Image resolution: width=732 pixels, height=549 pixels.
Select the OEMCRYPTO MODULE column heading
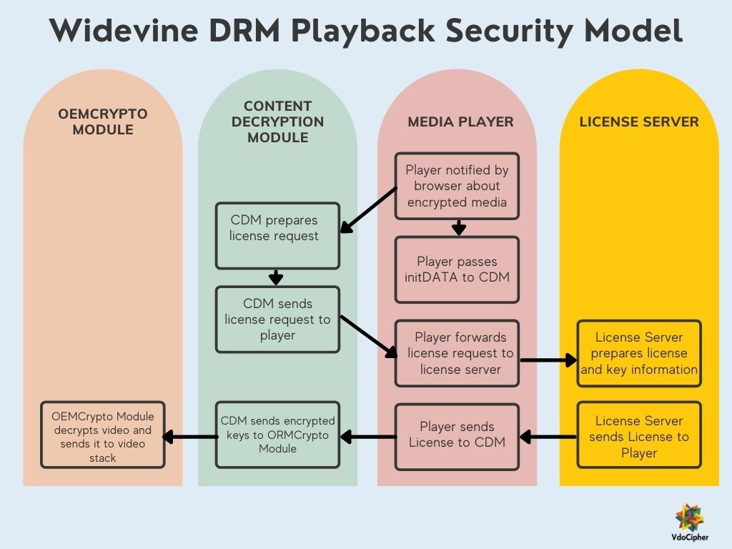pos(103,122)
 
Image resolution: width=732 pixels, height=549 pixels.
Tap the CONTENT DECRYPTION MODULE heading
pos(277,122)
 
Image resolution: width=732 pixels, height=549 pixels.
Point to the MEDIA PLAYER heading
pos(460,122)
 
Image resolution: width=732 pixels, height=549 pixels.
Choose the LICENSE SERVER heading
pos(639,122)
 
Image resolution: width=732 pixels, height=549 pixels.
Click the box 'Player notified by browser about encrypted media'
pos(457,186)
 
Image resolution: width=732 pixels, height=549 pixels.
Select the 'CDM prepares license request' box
pos(277,236)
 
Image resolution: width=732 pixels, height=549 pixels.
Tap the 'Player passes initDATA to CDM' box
pos(457,269)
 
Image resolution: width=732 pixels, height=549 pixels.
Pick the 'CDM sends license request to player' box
pos(277,320)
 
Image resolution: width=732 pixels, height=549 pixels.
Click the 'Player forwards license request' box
pos(457,353)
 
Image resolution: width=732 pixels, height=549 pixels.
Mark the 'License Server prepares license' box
pos(639,353)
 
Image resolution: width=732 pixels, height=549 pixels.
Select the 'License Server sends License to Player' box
pos(639,435)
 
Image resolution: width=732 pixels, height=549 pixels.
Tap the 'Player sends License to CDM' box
pos(457,435)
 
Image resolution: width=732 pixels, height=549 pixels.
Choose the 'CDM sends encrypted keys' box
pos(277,435)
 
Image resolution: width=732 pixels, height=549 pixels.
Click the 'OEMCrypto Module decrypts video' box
pos(103,435)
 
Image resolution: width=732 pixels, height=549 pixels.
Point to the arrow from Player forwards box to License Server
pos(548,360)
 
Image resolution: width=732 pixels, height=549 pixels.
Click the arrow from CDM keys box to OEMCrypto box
pos(189,435)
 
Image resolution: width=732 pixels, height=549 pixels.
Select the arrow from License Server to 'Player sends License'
pos(548,435)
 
